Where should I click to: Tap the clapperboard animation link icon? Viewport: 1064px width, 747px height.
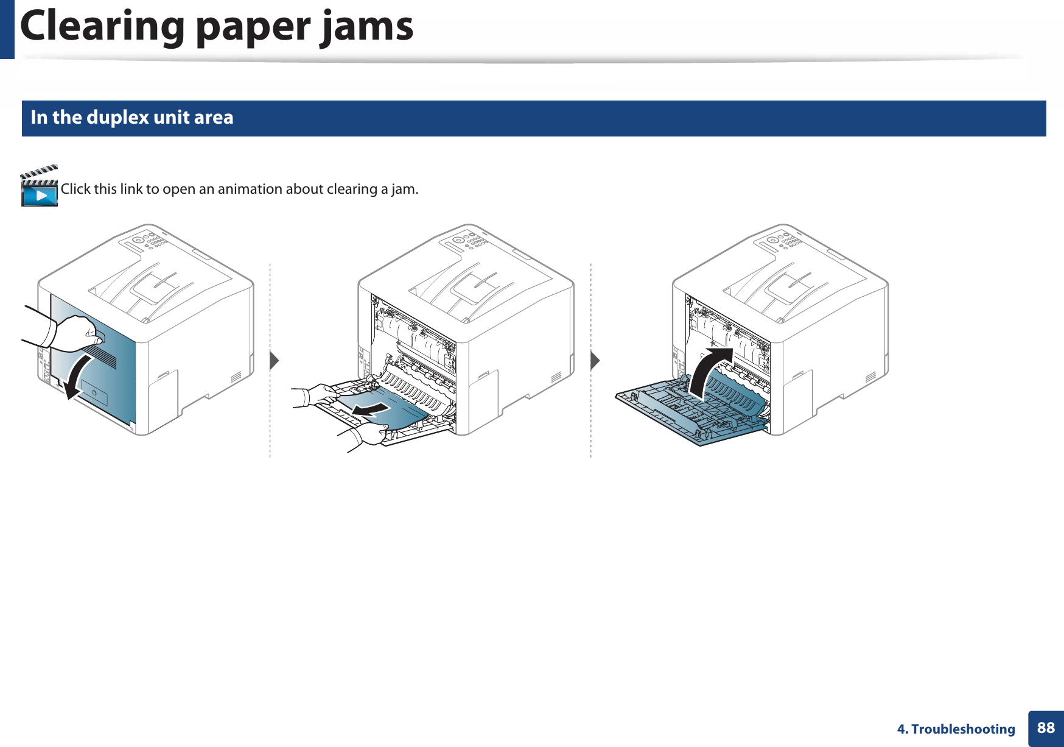tap(40, 186)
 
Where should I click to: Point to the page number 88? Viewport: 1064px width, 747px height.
tap(1046, 728)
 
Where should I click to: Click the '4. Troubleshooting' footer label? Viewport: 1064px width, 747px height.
tap(956, 729)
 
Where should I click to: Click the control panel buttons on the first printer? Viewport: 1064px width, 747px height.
tap(149, 240)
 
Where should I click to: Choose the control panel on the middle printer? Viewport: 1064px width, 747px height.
tap(469, 240)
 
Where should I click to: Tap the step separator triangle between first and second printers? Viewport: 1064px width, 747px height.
tap(274, 361)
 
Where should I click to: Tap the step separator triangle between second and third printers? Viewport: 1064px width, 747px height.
tap(595, 361)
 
